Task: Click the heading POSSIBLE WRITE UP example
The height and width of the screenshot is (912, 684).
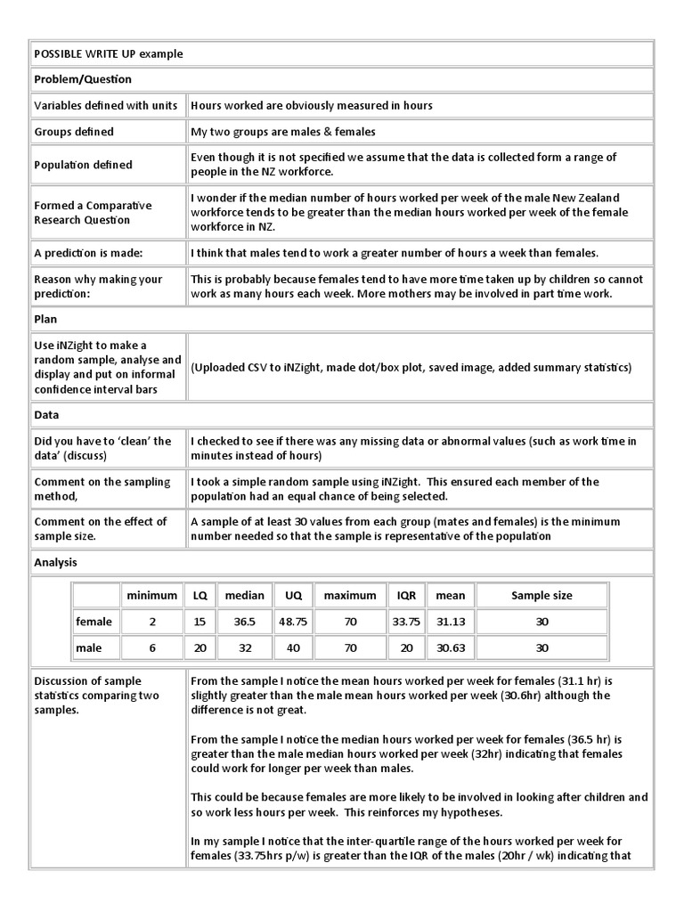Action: tap(109, 53)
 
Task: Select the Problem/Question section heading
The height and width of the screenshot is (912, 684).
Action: tap(83, 79)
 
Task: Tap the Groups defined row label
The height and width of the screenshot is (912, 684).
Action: tap(74, 132)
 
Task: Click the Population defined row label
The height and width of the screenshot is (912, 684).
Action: tap(83, 165)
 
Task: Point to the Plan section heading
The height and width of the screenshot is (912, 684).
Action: tap(45, 318)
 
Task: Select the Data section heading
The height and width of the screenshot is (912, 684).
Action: tap(46, 415)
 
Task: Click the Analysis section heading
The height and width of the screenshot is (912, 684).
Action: tap(55, 562)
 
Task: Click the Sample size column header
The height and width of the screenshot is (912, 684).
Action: tap(541, 595)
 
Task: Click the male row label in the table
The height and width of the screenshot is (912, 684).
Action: tap(89, 648)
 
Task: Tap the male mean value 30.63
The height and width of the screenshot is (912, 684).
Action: tap(450, 648)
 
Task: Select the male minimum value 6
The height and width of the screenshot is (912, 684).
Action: tap(151, 648)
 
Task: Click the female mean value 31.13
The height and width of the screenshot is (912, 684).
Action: tap(450, 622)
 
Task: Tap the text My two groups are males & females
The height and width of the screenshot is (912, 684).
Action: tap(283, 132)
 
